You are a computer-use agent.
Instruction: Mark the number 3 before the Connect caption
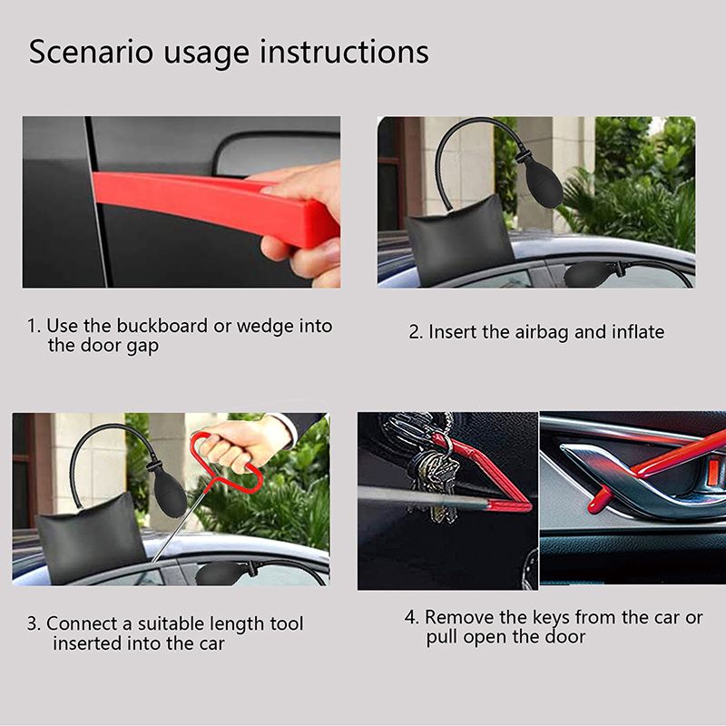[33, 624]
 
